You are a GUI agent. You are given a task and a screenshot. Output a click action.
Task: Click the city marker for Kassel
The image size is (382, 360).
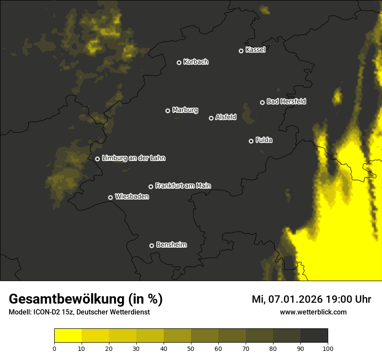click(241, 51)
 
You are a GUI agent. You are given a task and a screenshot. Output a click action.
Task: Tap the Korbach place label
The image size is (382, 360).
click(196, 62)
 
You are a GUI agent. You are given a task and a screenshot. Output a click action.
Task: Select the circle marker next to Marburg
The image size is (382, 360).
click(168, 111)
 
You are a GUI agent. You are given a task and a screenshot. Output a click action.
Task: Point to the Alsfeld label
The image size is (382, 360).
click(226, 117)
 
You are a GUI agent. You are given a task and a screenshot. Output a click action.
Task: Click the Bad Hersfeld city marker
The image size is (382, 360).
click(262, 102)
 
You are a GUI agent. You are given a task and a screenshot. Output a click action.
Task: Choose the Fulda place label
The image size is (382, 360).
click(264, 140)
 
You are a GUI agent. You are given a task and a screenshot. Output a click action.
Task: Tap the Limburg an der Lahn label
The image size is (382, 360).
click(134, 158)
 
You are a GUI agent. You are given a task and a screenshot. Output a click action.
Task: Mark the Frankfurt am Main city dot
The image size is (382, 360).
click(151, 187)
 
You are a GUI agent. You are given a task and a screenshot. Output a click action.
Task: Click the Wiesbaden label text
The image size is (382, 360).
click(132, 197)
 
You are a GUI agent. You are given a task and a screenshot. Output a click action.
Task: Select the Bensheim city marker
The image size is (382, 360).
click(151, 245)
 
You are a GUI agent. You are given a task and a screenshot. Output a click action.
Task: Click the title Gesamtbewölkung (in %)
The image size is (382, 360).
click(86, 299)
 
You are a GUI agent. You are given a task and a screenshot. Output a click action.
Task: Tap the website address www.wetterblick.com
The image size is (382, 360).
click(313, 312)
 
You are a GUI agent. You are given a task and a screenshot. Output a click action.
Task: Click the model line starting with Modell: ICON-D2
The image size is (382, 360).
click(79, 312)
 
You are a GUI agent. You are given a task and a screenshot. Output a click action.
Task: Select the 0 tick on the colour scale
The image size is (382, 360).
click(54, 348)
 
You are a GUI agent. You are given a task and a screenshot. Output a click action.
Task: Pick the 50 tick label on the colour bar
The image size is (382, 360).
click(191, 348)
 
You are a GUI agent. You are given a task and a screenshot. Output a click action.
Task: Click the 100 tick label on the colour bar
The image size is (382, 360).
click(328, 348)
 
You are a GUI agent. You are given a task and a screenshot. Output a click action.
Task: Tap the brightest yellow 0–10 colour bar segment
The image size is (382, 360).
click(68, 336)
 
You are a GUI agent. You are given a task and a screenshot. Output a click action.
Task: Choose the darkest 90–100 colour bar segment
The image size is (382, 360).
click(314, 336)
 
